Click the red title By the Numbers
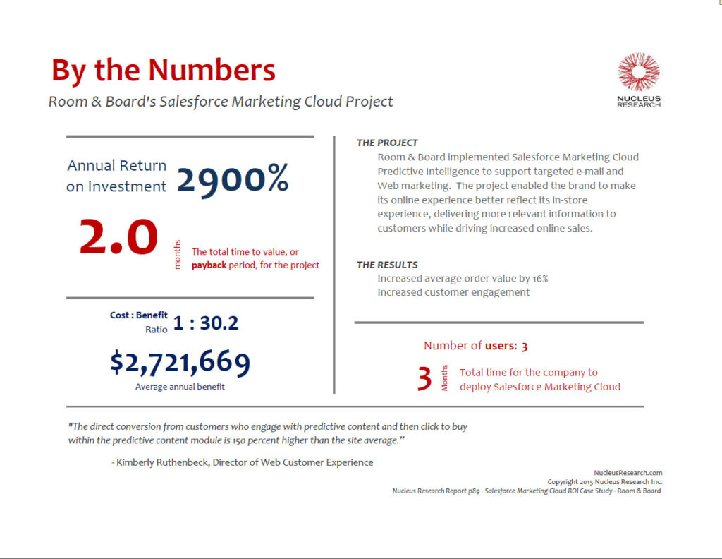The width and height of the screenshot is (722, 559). coord(163,71)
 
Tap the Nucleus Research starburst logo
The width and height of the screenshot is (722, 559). coord(639,72)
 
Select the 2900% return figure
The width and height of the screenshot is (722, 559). coord(232,180)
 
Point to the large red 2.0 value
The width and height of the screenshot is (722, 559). coord(118,238)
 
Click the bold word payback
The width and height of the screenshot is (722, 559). coord(208,265)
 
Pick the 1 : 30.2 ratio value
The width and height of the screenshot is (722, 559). coord(206,323)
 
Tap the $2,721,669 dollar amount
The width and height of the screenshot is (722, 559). coord(180,362)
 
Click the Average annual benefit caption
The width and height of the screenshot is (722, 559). coord(180,387)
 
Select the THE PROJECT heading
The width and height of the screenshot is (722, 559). coord(387,143)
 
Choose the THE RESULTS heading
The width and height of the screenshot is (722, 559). coord(387,265)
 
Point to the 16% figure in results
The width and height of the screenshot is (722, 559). coord(539,279)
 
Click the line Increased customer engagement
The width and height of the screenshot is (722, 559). coord(453,292)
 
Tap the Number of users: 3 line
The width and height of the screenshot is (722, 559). coord(476,346)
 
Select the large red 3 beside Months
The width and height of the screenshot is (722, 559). coord(424,379)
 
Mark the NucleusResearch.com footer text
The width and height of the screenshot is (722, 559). coord(628,473)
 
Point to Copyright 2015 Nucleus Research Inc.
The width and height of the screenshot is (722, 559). coord(604,482)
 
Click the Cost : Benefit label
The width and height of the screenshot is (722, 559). coord(139,315)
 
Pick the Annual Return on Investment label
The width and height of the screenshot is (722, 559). coord(117,176)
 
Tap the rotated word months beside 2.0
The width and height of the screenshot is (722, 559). coord(178,255)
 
